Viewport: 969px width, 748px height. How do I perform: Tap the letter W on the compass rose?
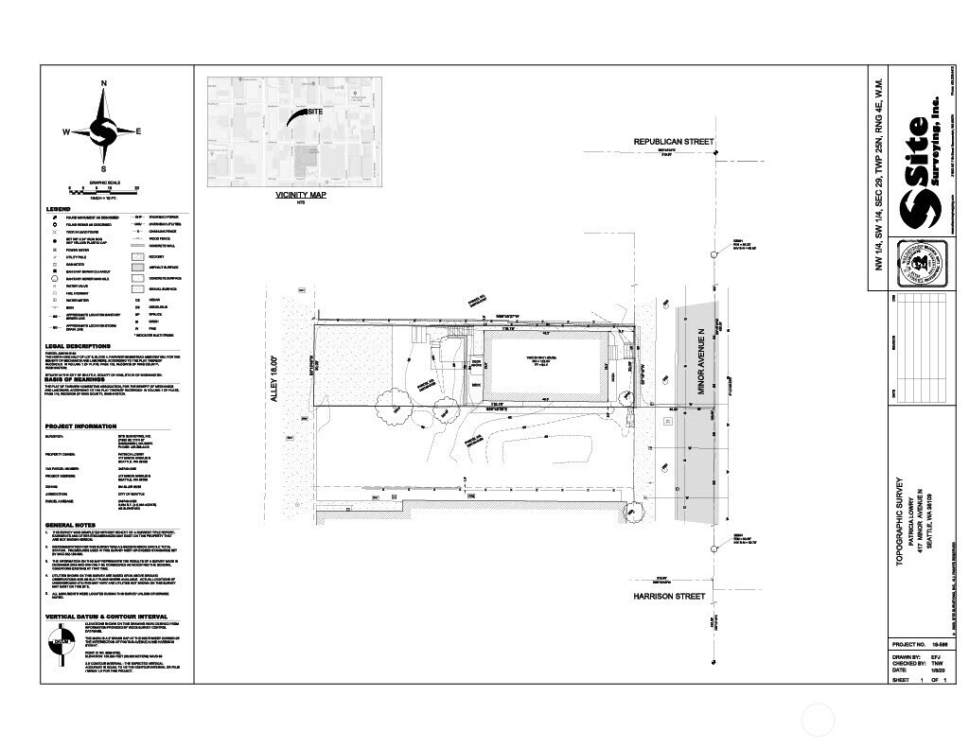click(x=67, y=132)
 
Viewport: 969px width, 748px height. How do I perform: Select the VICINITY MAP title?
click(x=300, y=195)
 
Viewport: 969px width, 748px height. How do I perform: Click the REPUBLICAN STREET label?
click(x=674, y=142)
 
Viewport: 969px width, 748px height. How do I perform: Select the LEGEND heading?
click(x=59, y=209)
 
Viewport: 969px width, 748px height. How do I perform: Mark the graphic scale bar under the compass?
click(x=103, y=190)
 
